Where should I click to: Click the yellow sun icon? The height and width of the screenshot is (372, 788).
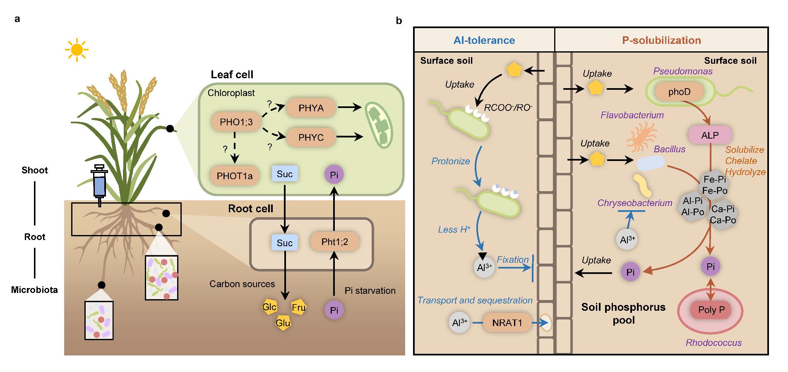77,50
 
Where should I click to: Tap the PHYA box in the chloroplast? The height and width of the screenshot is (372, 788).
311,108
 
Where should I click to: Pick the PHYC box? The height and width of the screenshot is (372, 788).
311,137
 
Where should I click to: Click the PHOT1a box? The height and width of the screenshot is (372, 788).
235,175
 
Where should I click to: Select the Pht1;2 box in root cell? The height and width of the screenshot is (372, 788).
334,242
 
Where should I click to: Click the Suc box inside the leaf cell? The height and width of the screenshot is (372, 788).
284,174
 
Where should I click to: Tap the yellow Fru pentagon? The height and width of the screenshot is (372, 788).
298,307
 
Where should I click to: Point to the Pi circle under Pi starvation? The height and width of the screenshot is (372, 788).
334,310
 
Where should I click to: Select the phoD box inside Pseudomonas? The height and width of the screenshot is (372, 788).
679,92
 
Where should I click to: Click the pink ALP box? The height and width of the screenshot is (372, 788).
710,135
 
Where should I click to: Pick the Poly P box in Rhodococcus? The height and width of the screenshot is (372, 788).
711,310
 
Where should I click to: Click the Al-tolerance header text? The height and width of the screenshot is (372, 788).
484,40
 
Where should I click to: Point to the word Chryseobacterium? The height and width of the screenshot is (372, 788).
634,203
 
